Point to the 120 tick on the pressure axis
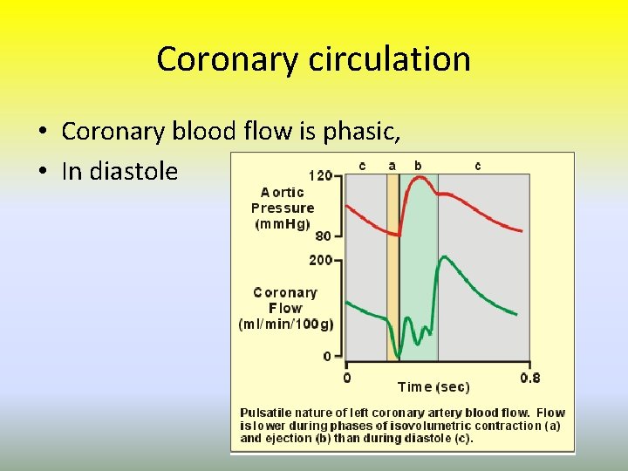point(321,175)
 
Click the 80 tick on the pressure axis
point(324,235)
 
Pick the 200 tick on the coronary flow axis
point(321,260)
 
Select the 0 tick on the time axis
point(346,378)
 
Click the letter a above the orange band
point(392,165)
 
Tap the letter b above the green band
point(418,165)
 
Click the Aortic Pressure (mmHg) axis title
point(283,208)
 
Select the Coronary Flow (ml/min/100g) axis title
point(285,308)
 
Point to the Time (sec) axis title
point(433,386)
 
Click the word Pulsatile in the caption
point(266,413)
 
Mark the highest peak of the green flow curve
point(445,257)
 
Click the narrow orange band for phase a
point(392,262)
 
